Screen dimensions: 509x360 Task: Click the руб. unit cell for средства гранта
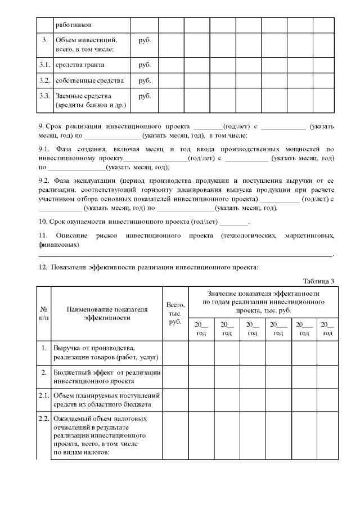point(145,65)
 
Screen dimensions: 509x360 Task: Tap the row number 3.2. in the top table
point(45,80)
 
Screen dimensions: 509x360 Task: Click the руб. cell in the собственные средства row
point(145,80)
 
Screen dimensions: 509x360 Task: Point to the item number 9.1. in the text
point(44,149)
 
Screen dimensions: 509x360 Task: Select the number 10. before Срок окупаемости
point(42,222)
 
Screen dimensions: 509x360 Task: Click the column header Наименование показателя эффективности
point(107,313)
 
